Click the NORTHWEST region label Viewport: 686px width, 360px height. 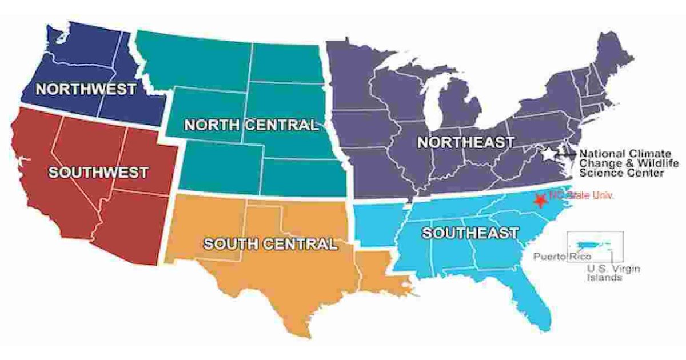(x=86, y=89)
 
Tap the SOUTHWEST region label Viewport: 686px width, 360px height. (x=98, y=172)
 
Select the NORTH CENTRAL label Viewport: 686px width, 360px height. (x=250, y=125)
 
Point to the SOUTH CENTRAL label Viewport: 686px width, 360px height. (x=270, y=245)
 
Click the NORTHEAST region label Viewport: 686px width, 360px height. (x=465, y=143)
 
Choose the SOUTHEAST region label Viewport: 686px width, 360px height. (x=470, y=233)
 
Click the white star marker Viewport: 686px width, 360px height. (x=549, y=154)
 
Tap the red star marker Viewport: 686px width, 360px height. (x=539, y=200)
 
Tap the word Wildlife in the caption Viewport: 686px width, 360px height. (x=648, y=163)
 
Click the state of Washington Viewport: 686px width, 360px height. (x=80, y=43)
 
